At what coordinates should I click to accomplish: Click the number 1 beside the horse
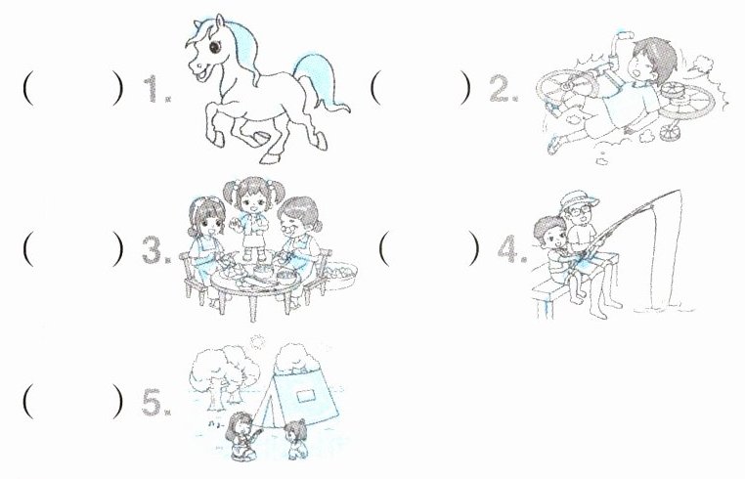click(x=153, y=89)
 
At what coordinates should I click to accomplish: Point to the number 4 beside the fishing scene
click(x=508, y=249)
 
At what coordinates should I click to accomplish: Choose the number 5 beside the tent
click(x=153, y=403)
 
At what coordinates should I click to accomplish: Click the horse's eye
click(x=215, y=47)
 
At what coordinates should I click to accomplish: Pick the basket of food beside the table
click(x=338, y=275)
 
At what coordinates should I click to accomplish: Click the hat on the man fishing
click(x=579, y=200)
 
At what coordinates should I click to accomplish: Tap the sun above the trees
click(x=257, y=341)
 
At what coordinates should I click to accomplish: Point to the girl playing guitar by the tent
click(x=242, y=436)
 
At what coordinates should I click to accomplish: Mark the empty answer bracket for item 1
click(x=72, y=88)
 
